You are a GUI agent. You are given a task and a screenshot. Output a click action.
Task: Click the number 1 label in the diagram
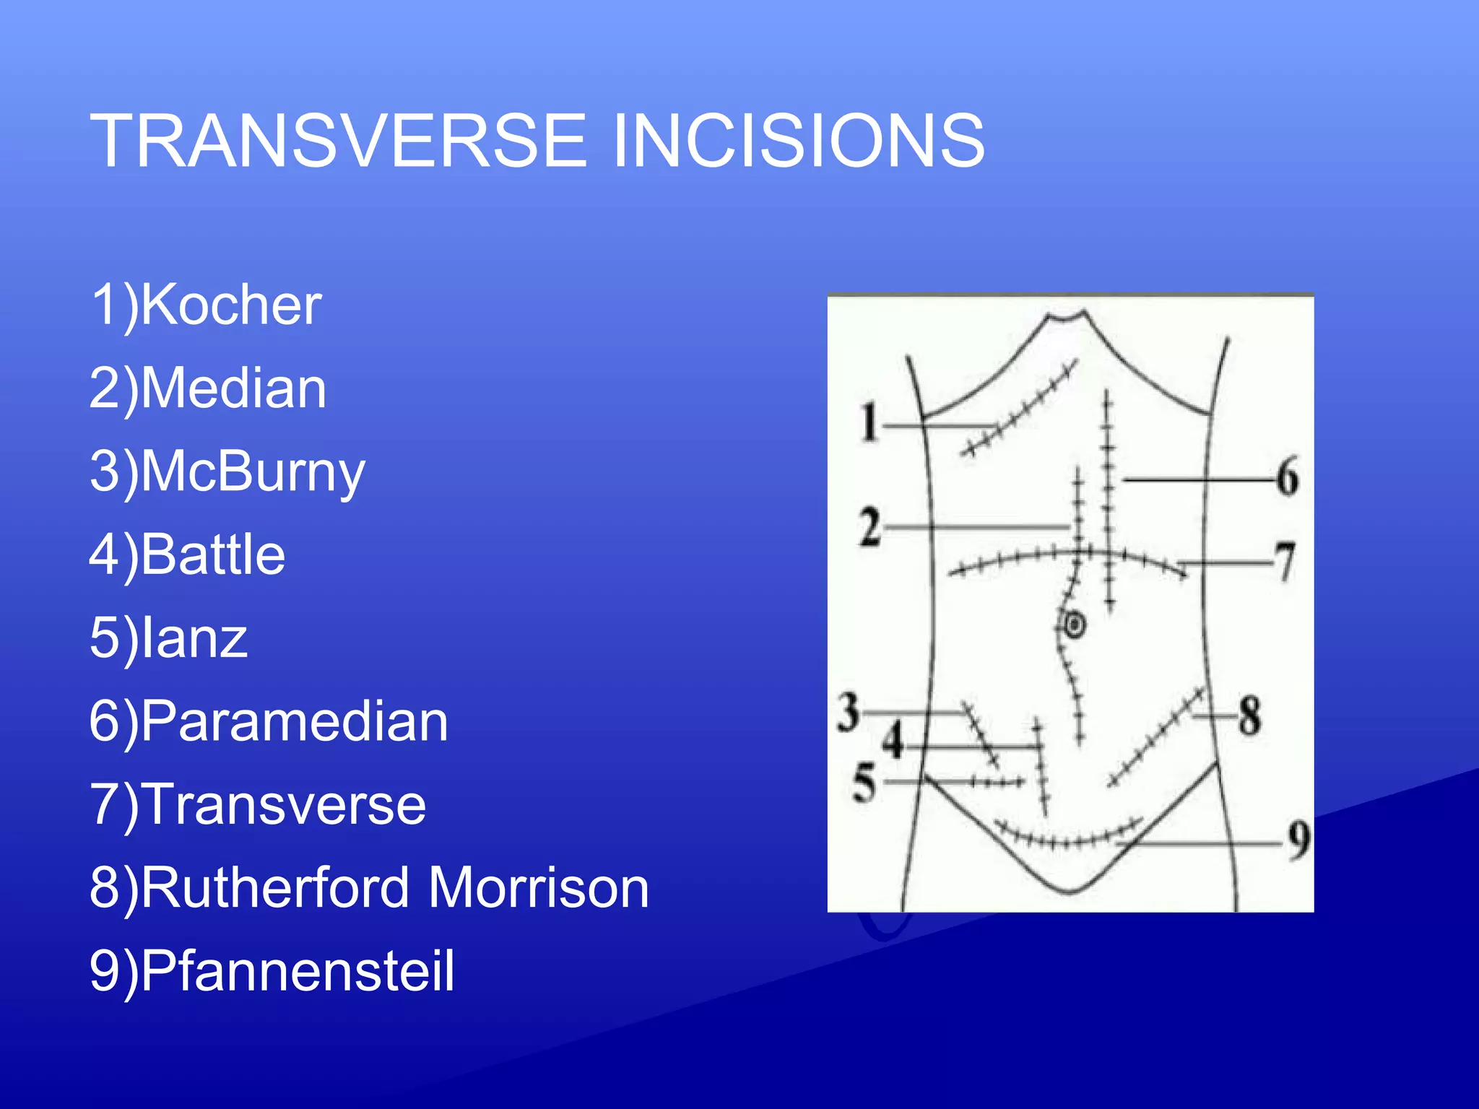869,422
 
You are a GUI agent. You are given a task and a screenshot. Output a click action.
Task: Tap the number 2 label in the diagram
870,528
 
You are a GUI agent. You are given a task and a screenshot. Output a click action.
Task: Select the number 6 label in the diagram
1287,478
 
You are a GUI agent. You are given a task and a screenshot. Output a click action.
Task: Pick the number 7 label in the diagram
1285,562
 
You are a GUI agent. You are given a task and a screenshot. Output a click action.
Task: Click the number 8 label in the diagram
1250,716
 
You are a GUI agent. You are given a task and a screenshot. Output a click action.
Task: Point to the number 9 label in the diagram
1298,841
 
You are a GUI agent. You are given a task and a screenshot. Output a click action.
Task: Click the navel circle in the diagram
1075,625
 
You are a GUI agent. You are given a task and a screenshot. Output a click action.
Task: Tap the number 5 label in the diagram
864,783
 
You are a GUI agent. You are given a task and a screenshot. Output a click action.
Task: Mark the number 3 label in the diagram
849,712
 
